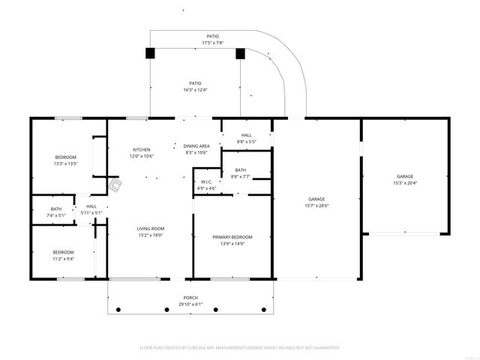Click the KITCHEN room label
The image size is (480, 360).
142,149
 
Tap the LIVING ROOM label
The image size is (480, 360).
150,229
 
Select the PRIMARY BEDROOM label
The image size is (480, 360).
231,237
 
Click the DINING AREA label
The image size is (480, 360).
196,145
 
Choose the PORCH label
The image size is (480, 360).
190,298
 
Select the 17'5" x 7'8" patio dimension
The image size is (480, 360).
214,43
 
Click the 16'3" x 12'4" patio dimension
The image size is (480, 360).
195,90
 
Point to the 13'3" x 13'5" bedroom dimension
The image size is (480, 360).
66,163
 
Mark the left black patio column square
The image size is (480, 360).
150,53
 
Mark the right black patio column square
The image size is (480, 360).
241,53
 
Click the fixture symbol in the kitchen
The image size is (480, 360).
115,185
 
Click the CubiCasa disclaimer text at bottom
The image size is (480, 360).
240,347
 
